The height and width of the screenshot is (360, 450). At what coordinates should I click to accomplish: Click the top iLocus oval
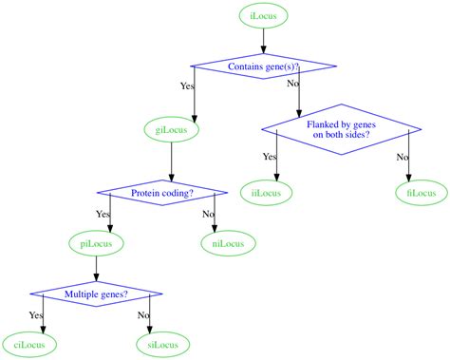pyautogui.click(x=263, y=16)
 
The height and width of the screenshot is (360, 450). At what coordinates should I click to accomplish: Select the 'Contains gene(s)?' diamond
pyautogui.click(x=263, y=66)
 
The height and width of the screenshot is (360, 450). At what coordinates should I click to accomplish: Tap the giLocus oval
pyautogui.click(x=170, y=128)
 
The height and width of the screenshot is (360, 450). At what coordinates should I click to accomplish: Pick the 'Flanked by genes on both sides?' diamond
pyautogui.click(x=341, y=129)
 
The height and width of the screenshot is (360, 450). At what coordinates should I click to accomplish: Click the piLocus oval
pyautogui.click(x=97, y=244)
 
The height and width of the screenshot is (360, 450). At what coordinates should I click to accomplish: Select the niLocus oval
pyautogui.click(x=227, y=244)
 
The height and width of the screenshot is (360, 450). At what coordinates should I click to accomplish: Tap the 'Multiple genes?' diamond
pyautogui.click(x=96, y=294)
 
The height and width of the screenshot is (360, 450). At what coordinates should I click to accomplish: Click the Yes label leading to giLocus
pyautogui.click(x=187, y=86)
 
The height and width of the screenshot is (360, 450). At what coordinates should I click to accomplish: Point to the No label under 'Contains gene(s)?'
pyautogui.click(x=292, y=84)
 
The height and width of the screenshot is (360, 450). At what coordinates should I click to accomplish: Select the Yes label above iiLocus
pyautogui.click(x=270, y=157)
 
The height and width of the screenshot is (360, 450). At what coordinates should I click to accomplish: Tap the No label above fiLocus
pyautogui.click(x=402, y=157)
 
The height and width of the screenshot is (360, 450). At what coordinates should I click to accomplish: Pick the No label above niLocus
pyautogui.click(x=208, y=214)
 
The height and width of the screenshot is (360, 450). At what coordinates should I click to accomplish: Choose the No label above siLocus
pyautogui.click(x=143, y=314)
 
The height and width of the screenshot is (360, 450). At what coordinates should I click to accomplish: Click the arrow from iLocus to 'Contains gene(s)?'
pyautogui.click(x=263, y=41)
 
